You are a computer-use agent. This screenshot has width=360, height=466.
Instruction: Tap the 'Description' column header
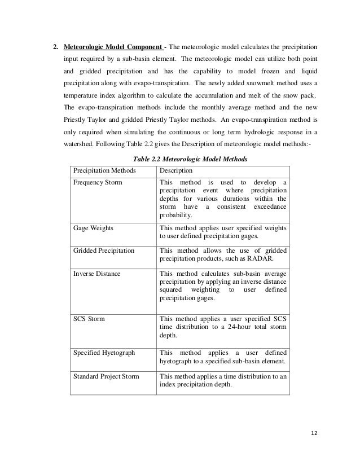pos(177,170)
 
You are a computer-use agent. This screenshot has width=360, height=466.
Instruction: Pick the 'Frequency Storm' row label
pos(98,183)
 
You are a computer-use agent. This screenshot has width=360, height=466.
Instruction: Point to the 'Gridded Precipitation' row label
pos(104,250)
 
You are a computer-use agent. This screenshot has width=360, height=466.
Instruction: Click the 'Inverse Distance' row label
pos(97,274)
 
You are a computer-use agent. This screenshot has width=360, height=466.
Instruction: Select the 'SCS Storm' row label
pos(89,319)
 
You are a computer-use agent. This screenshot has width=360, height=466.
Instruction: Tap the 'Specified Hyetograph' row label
pos(104,353)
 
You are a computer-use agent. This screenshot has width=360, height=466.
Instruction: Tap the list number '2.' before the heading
pos(56,46)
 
